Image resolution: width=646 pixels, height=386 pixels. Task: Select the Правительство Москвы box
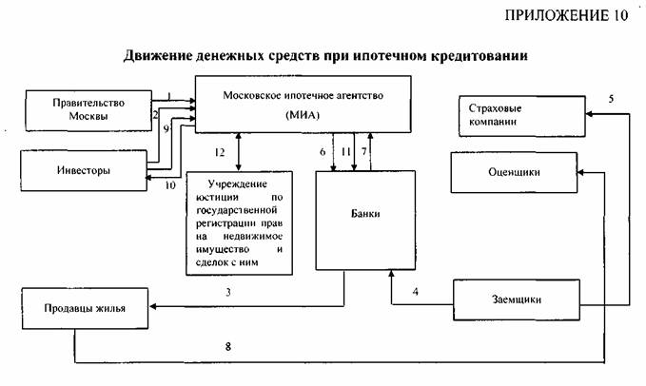(x=87, y=108)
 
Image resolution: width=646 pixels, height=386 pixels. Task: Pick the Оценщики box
(x=519, y=172)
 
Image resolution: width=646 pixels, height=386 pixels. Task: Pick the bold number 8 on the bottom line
(x=227, y=347)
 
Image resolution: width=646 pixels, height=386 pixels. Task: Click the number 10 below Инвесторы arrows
(x=170, y=185)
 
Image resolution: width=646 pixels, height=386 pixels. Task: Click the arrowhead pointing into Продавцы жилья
(x=156, y=307)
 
